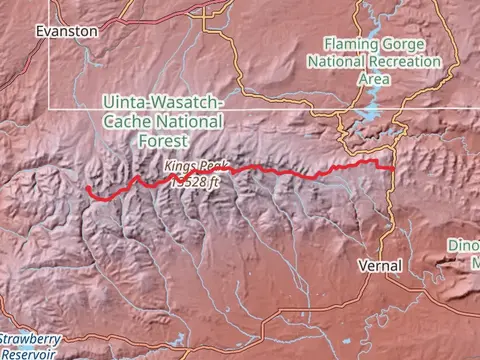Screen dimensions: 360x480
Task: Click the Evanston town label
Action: click(x=66, y=31)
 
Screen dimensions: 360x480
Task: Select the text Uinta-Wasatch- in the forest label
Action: click(x=165, y=103)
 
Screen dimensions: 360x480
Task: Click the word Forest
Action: click(x=165, y=139)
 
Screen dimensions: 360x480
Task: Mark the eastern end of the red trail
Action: click(x=392, y=169)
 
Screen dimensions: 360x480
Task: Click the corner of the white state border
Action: click(x=52, y=106)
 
